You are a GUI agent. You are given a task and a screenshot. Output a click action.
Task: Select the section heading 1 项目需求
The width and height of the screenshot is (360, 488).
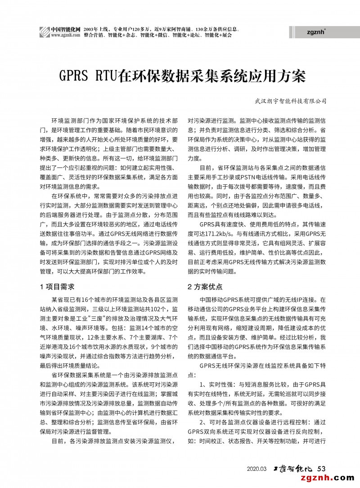click(x=57, y=287)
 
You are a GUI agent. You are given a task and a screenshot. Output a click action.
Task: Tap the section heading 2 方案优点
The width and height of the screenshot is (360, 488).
click(x=205, y=287)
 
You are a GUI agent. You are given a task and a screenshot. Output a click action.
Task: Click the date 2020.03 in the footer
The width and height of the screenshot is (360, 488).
click(x=257, y=469)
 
